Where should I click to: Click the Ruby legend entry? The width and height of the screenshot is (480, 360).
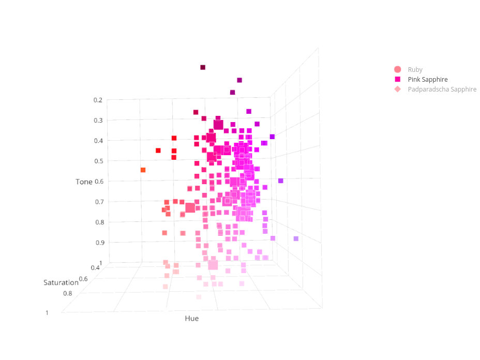[x=415, y=70]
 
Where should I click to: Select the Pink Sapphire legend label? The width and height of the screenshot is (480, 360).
[x=427, y=80]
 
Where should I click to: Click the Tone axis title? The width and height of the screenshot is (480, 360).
[x=84, y=182]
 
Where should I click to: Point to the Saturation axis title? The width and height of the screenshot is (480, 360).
[x=61, y=282]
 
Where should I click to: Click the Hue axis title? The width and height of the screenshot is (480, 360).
[x=191, y=319]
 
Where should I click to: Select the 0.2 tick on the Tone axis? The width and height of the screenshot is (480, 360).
[x=98, y=100]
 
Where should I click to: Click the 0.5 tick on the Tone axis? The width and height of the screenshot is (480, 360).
[x=98, y=161]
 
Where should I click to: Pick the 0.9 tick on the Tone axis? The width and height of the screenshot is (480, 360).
[x=98, y=242]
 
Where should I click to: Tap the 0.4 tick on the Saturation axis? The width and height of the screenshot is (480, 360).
[x=95, y=267]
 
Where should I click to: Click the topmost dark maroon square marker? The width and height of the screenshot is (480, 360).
[x=203, y=67]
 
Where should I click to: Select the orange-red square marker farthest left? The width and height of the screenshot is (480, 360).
[x=143, y=170]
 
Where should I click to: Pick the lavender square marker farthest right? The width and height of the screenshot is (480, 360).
[x=296, y=238]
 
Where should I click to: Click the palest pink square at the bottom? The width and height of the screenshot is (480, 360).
[x=198, y=297]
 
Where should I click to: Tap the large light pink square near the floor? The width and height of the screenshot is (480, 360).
[x=213, y=265]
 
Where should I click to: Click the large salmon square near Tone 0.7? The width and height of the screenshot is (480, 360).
[x=190, y=207]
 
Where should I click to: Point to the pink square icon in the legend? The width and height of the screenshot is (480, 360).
[x=397, y=80]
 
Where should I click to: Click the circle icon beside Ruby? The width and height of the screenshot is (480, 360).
[x=397, y=70]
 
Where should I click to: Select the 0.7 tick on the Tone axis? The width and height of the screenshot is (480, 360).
[x=98, y=202]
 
